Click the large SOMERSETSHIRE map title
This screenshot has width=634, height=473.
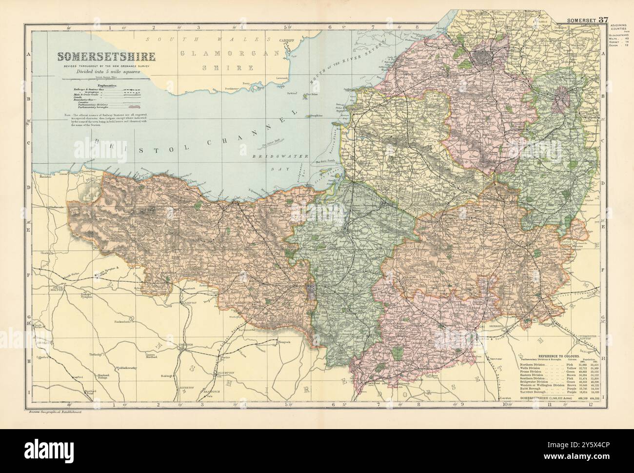click(104, 57)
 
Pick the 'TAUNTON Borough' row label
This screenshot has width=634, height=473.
click(535, 392)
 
